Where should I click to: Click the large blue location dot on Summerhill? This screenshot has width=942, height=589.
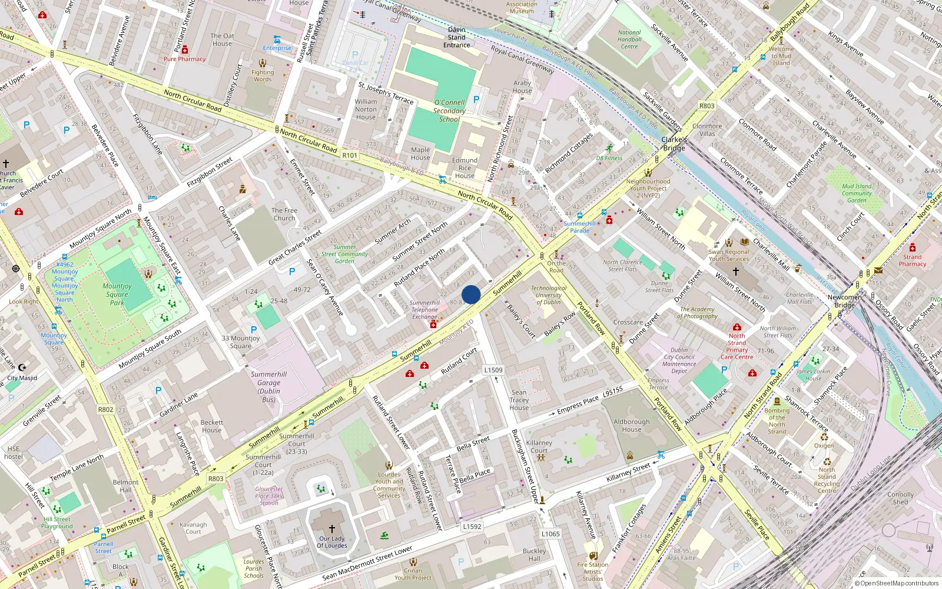pos(471,294)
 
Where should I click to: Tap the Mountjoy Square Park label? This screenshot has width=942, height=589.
pos(117,294)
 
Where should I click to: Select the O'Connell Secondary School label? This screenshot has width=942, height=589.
pos(449,111)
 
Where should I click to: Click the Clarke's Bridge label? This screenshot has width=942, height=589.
pos(674,144)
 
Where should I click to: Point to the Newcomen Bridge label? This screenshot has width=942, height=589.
pos(844,301)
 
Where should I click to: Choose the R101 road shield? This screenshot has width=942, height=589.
pos(350,155)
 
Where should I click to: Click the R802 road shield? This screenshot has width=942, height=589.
pos(106,409)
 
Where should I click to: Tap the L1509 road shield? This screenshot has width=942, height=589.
pos(493,370)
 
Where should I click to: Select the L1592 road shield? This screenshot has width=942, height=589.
pos(472,527)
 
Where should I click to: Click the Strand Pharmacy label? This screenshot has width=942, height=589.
pos(912,260)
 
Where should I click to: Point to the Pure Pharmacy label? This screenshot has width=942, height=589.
pos(184,59)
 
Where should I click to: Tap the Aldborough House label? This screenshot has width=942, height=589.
pos(632,425)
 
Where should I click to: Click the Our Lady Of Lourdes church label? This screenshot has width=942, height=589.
pos(332,542)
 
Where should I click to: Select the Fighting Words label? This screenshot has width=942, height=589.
pos(263,76)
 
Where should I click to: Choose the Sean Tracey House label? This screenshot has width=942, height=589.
pos(519,399)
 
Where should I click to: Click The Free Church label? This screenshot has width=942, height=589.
pos(284,214)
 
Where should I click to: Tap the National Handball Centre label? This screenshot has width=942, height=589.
pos(629,39)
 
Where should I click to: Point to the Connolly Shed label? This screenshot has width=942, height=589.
pos(900,498)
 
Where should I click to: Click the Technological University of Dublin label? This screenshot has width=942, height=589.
pos(549,295)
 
